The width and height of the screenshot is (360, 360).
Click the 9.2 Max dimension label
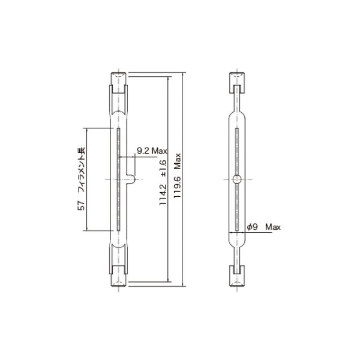tap(151, 151)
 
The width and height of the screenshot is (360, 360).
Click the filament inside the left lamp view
tap(120, 180)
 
